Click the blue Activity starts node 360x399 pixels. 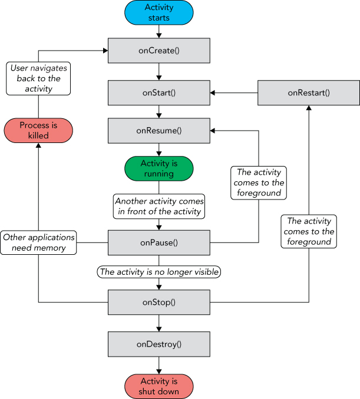(159, 13)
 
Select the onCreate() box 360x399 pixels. (159, 51)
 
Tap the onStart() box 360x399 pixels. (159, 93)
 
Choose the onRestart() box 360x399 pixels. (309, 93)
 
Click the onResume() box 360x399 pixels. (159, 131)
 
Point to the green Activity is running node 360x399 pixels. (159, 168)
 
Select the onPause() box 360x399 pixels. (159, 242)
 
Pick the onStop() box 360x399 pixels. (159, 302)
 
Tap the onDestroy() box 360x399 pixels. (159, 344)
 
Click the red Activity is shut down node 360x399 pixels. (159, 387)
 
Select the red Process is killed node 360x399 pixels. (38, 130)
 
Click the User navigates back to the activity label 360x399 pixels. (38, 78)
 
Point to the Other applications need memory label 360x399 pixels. (39, 242)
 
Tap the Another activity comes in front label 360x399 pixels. (159, 205)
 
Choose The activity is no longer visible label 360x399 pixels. (158, 272)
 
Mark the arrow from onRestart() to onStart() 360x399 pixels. (235, 93)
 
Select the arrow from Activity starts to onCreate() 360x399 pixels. (159, 32)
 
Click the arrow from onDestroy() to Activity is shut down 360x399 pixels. (159, 365)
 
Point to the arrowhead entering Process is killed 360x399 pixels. (38, 146)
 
